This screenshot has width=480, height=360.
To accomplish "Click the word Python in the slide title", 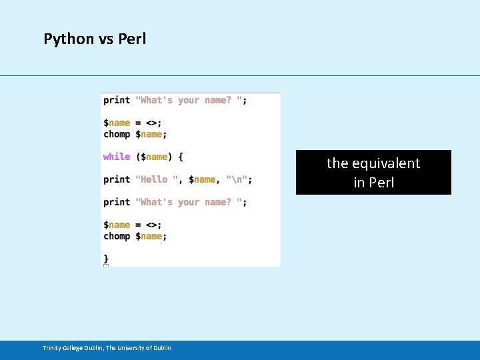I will [69, 39].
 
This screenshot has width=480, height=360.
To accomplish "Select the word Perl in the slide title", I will [132, 39].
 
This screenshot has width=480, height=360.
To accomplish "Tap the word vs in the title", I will [107, 39].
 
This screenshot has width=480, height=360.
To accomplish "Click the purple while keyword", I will [117, 157].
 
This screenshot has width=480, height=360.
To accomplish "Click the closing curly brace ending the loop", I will [106, 257].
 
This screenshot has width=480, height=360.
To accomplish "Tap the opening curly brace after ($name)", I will [181, 157].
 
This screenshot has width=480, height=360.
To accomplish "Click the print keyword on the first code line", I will [117, 100].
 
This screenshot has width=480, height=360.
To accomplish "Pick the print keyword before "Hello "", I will [117, 179].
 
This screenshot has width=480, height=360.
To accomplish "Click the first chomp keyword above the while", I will [117, 134].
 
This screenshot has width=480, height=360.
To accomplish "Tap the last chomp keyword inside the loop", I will [117, 236].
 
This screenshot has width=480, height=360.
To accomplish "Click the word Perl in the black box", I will [382, 183].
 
